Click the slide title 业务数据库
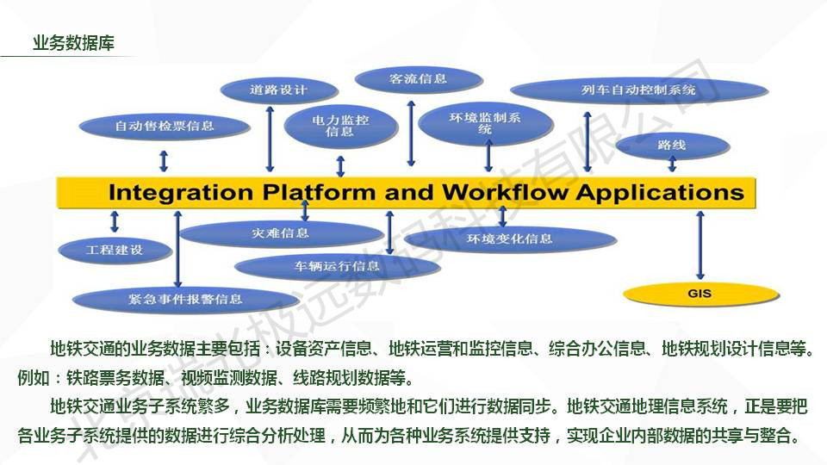click(x=73, y=44)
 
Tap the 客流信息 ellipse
click(x=418, y=79)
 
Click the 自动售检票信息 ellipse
click(x=164, y=126)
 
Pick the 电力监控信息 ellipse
click(x=340, y=127)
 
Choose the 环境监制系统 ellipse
click(x=484, y=122)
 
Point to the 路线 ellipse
click(x=671, y=146)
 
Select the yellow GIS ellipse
click(x=700, y=294)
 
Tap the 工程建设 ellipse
click(x=115, y=250)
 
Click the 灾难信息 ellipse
click(x=281, y=232)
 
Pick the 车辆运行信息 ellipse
click(x=337, y=266)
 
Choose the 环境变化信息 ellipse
click(x=510, y=239)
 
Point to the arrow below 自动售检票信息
click(x=164, y=160)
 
